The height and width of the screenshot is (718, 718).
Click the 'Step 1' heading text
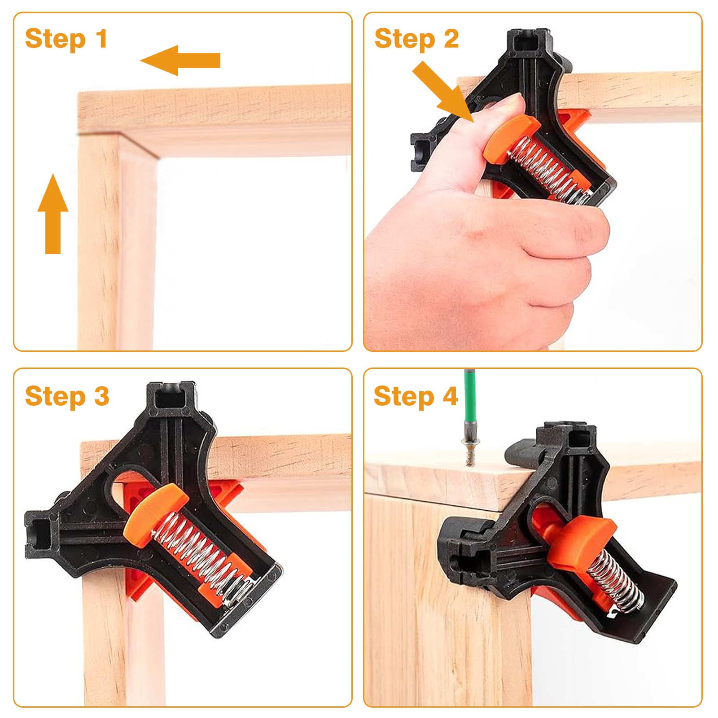pos(66,39)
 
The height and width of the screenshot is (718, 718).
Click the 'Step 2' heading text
pos(416,39)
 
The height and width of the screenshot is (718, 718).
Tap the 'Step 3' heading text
pos(67,396)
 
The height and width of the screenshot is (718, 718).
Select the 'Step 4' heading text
pos(415,397)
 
